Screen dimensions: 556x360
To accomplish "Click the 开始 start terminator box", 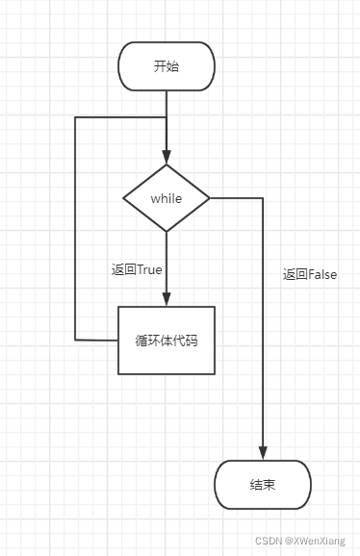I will tap(166, 66).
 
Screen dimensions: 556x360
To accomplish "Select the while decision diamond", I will tap(166, 197).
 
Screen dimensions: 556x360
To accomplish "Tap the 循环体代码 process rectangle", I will tap(166, 341).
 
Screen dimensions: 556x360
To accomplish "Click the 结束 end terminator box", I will tap(262, 484).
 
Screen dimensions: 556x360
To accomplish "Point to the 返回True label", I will tap(137, 269).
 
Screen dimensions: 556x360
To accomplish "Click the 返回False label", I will tap(310, 274).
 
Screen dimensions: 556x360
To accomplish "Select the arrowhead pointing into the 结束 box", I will tap(262, 453).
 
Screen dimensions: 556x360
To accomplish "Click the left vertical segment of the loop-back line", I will tap(75, 231).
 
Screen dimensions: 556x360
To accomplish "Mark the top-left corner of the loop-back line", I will tap(75, 117).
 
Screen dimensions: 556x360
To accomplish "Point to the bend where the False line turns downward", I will tap(262, 198).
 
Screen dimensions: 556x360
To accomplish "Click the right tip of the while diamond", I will tap(209, 198).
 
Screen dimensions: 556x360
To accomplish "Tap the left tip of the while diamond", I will tap(124, 198).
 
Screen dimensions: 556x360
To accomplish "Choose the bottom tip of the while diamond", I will tap(166, 231).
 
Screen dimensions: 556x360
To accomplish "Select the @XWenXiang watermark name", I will tap(320, 542).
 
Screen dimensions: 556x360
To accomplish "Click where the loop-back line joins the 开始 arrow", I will tap(166, 117).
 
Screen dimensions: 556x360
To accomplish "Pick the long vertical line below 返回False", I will tap(262, 366).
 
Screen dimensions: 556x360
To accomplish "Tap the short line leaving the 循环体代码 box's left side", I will tap(96, 340).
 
